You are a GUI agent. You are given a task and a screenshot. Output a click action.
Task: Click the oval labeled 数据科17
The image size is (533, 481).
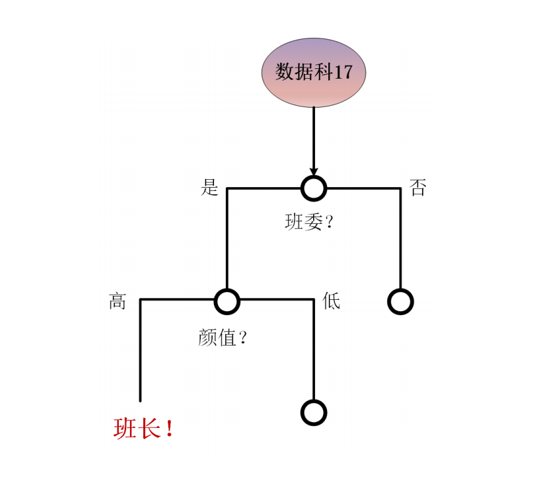pyautogui.click(x=313, y=72)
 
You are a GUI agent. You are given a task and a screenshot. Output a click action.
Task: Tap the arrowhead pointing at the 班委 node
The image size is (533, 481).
pyautogui.click(x=314, y=172)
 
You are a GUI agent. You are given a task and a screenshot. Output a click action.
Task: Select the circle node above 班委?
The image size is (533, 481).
pyautogui.click(x=314, y=188)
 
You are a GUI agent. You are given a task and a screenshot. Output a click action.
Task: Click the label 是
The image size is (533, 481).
pyautogui.click(x=209, y=187)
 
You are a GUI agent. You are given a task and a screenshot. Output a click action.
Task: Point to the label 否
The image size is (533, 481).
pyautogui.click(x=417, y=187)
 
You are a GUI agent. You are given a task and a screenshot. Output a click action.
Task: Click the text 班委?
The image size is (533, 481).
pyautogui.click(x=309, y=222)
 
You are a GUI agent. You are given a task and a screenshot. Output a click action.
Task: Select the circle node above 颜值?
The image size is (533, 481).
pyautogui.click(x=227, y=301)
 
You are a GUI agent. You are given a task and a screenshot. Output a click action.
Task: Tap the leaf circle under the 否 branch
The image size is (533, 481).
pyautogui.click(x=401, y=301)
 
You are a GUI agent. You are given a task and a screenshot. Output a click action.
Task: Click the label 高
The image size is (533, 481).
pyautogui.click(x=117, y=301)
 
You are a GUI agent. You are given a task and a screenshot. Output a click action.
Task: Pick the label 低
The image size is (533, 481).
pyautogui.click(x=331, y=301)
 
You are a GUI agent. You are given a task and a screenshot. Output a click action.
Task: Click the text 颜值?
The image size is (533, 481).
pyautogui.click(x=223, y=337)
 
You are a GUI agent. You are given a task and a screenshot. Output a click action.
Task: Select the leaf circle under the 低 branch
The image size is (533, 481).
pyautogui.click(x=314, y=413)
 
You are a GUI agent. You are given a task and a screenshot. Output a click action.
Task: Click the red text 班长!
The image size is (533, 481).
pyautogui.click(x=144, y=429)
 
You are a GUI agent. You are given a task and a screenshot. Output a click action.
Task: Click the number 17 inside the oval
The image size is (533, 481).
pyautogui.click(x=343, y=72)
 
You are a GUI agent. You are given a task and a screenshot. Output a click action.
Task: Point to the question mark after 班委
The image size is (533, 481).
pyautogui.click(x=329, y=222)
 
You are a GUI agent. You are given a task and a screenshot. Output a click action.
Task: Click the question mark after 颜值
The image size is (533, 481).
pyautogui.click(x=242, y=337)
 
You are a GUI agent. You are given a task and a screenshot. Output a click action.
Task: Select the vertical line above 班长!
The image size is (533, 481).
pyautogui.click(x=140, y=350)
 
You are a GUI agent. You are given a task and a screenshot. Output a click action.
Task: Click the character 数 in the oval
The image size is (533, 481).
pyautogui.click(x=284, y=72)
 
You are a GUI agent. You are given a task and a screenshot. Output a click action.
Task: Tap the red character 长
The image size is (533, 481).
pyautogui.click(x=149, y=429)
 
